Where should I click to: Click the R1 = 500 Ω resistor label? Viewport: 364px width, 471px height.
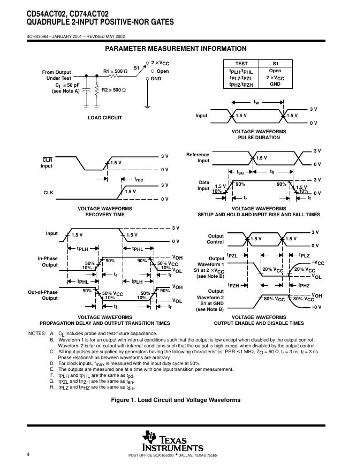[x=115, y=71]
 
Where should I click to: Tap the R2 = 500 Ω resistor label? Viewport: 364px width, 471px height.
[x=113, y=90]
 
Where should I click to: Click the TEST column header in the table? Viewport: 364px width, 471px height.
[x=241, y=64]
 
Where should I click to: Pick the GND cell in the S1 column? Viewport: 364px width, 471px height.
[x=275, y=84]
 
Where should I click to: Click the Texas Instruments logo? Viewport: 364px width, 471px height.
[x=172, y=441]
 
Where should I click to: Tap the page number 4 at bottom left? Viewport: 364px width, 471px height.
[x=27, y=454]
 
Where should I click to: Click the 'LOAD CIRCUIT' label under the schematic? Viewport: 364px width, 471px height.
[x=105, y=118]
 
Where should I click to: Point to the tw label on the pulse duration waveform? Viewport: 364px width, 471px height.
[x=256, y=102]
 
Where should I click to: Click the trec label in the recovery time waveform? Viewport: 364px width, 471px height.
[x=138, y=180]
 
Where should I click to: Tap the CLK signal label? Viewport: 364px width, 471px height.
[x=48, y=192]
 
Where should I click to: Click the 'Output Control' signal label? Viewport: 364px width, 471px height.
[x=216, y=239]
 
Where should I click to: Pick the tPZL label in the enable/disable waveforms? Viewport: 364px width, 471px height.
[x=232, y=256]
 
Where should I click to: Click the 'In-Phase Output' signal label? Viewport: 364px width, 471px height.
[x=48, y=262]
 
